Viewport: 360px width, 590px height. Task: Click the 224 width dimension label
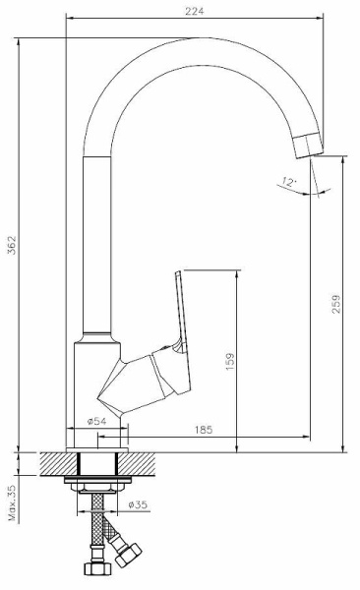195,11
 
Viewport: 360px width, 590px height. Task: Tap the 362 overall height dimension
12,245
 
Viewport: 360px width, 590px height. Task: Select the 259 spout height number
335,304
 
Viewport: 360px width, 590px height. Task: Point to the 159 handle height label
230,361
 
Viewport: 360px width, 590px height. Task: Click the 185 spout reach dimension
204,430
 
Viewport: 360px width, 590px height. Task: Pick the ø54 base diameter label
96,421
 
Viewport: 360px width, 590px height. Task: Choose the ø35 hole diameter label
138,504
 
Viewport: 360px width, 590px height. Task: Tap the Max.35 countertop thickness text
12,502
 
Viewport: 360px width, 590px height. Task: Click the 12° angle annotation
289,183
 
